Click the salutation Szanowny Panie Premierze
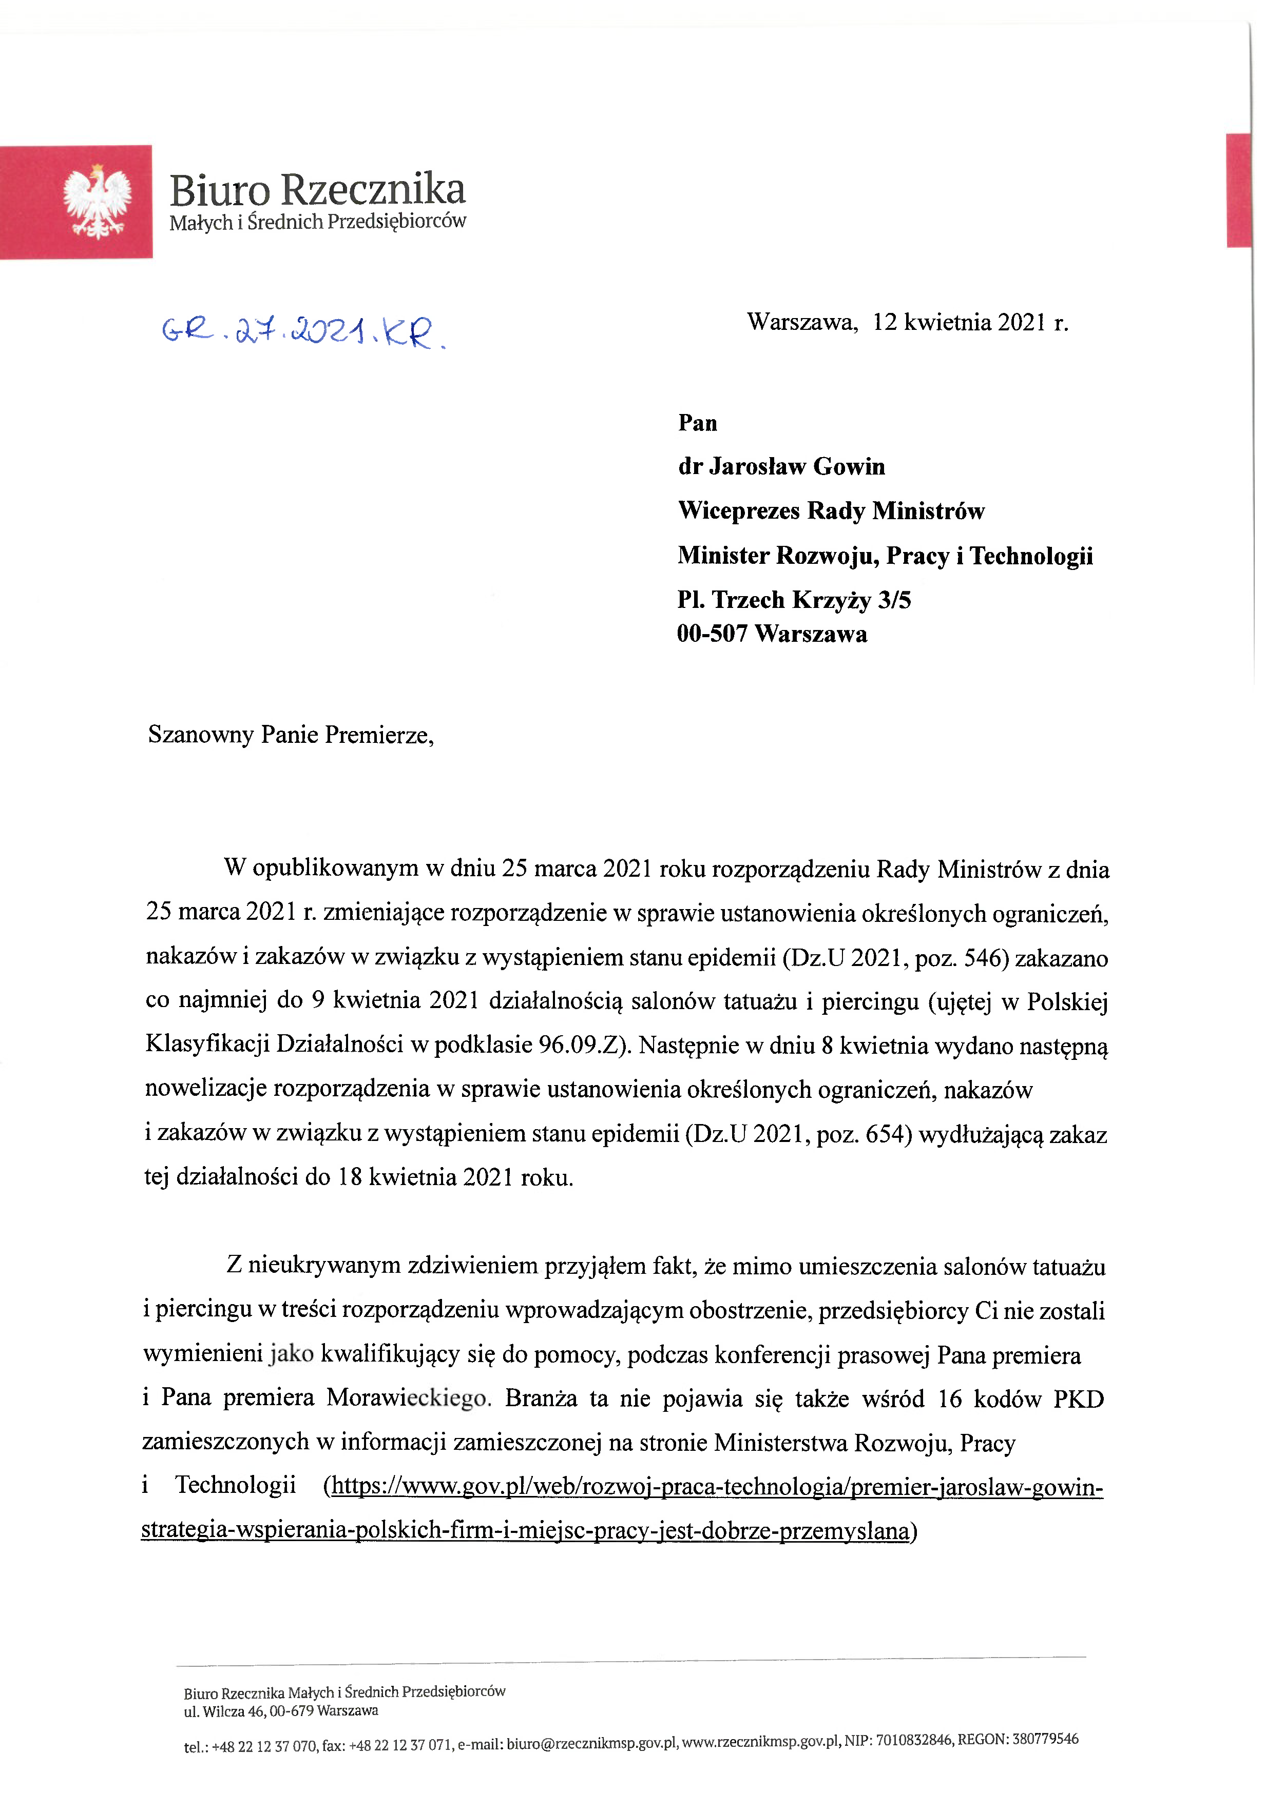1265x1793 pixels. point(291,735)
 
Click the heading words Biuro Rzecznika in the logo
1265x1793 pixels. point(317,190)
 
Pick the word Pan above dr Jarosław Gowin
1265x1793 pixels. point(697,423)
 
